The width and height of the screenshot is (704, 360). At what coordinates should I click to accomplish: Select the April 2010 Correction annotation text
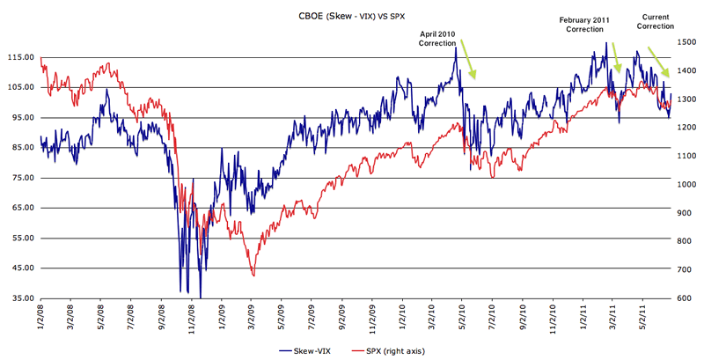tap(436, 37)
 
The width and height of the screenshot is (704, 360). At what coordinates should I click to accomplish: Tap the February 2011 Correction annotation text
tap(584, 24)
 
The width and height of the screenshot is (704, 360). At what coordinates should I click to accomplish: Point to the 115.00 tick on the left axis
tap(19, 58)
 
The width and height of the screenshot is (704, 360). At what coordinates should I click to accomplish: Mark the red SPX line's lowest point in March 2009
tap(253, 276)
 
